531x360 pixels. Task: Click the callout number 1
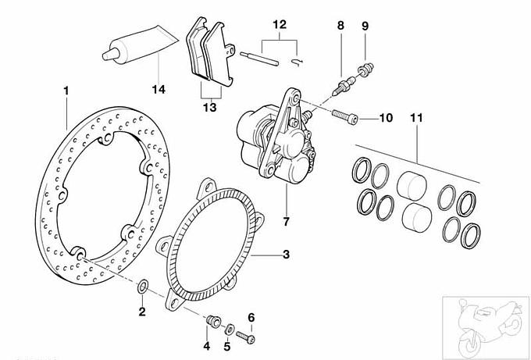click(x=67, y=91)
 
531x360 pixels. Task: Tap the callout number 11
click(x=416, y=119)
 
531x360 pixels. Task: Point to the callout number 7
click(x=287, y=222)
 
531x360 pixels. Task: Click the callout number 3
click(x=287, y=254)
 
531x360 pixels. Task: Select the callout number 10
click(x=386, y=119)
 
